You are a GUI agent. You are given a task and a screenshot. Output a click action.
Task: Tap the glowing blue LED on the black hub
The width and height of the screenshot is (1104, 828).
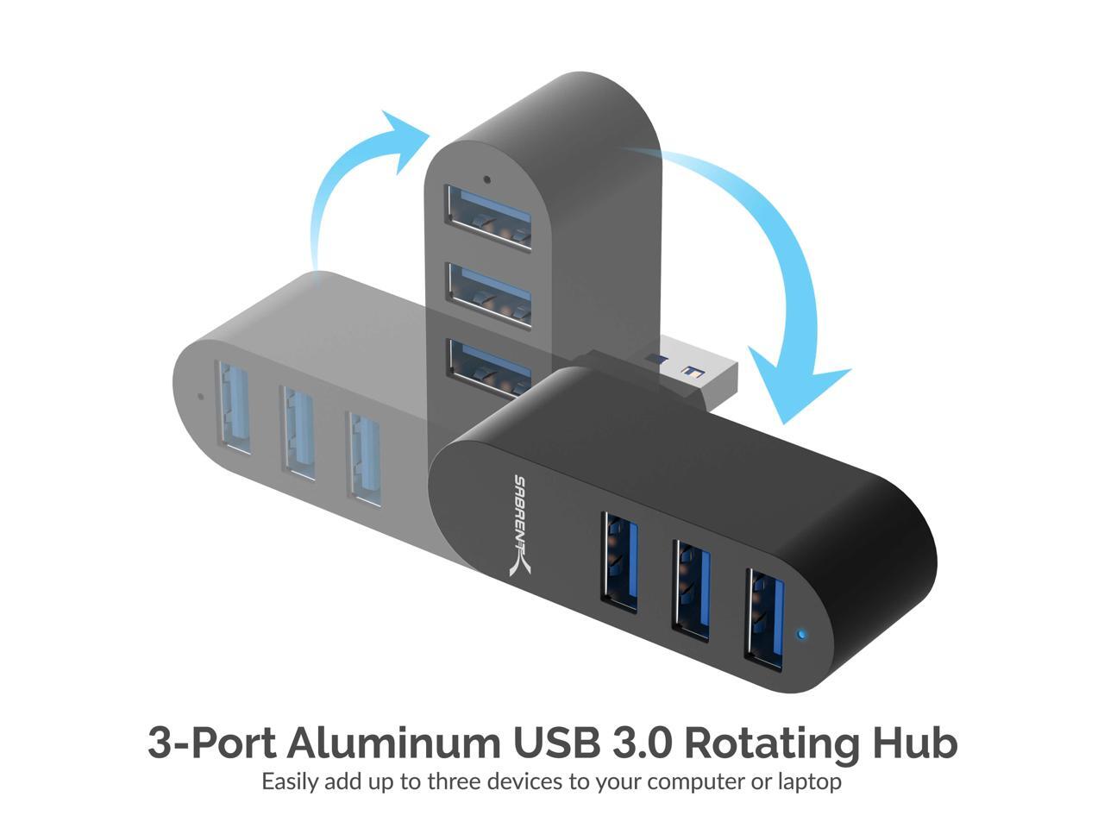pyautogui.click(x=802, y=637)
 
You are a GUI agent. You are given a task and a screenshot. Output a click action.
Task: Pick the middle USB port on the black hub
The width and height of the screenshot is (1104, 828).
pyautogui.click(x=693, y=589)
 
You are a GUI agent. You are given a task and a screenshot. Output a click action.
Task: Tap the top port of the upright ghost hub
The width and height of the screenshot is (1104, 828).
pyautogui.click(x=487, y=219)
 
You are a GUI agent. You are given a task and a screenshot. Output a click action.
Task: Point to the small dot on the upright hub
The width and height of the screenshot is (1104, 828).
pyautogui.click(x=487, y=180)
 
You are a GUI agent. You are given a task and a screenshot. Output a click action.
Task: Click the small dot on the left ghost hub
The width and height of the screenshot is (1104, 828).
pyautogui.click(x=201, y=397)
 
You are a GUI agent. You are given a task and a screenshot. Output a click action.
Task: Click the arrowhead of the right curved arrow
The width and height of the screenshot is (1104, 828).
pyautogui.click(x=793, y=388)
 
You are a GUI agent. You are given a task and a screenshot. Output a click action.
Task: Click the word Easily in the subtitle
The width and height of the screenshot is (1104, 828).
pyautogui.click(x=291, y=782)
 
